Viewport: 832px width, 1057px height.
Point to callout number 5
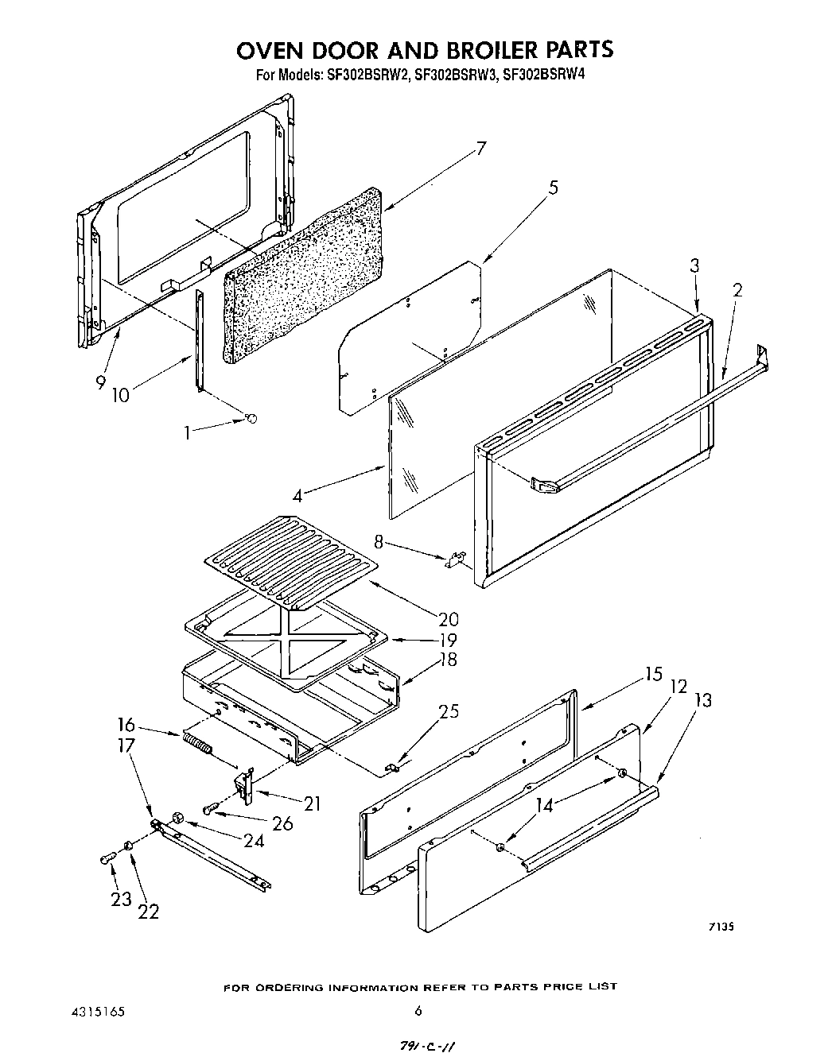pos(553,188)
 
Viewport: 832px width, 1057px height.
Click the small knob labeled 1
pos(252,419)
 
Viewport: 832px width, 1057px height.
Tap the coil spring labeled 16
pos(198,745)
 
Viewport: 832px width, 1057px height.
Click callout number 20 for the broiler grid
pos(448,618)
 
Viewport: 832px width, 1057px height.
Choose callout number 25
pos(449,711)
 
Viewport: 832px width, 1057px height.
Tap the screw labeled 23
pos(109,858)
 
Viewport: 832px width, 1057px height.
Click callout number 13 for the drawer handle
pos(702,700)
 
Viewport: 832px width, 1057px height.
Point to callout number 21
pos(312,803)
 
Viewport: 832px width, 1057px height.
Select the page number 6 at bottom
pos(418,1012)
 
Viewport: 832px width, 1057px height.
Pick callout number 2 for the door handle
pos(737,290)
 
